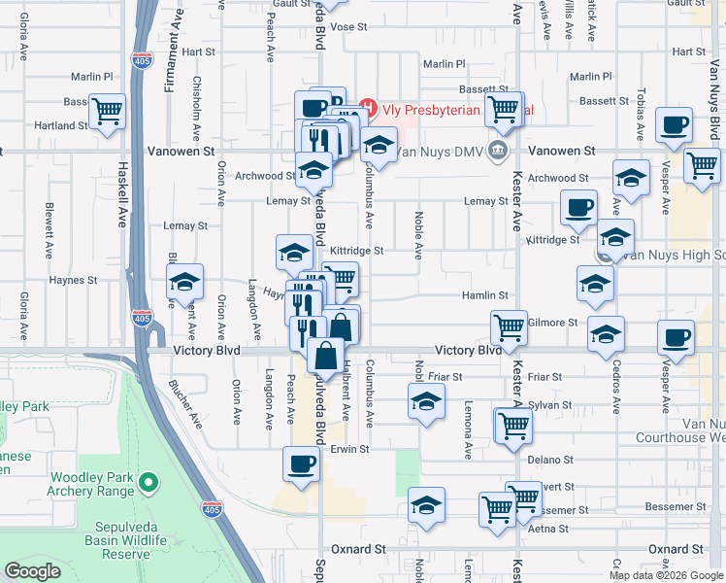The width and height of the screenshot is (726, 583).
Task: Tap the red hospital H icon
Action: tap(368, 107)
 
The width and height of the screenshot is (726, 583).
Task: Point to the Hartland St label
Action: tap(61, 125)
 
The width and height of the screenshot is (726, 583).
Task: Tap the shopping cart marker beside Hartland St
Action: tap(107, 112)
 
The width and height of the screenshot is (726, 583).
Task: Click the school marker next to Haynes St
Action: tap(183, 282)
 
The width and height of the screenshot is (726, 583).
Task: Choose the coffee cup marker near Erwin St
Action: tap(301, 463)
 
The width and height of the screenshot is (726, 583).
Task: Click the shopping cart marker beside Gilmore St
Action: tap(509, 327)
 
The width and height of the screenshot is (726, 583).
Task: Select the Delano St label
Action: tap(544, 459)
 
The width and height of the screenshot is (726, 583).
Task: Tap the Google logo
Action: tap(32, 571)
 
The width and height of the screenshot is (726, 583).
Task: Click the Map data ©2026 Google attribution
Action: tap(665, 575)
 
